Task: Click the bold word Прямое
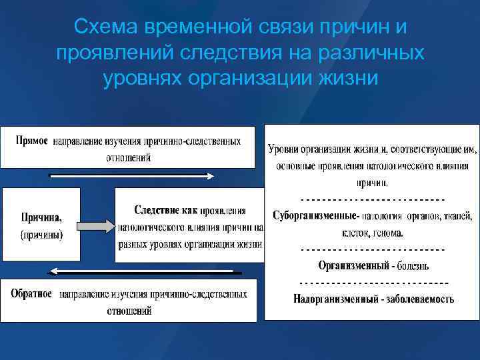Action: [31, 141]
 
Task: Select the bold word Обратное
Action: [31, 294]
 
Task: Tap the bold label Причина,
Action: [41, 217]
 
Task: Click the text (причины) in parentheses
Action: [41, 234]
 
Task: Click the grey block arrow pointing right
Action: [93, 225]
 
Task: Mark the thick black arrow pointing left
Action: [143, 271]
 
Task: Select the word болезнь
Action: [414, 265]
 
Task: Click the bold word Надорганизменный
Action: [333, 298]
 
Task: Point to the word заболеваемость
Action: [420, 298]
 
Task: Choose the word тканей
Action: [455, 215]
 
